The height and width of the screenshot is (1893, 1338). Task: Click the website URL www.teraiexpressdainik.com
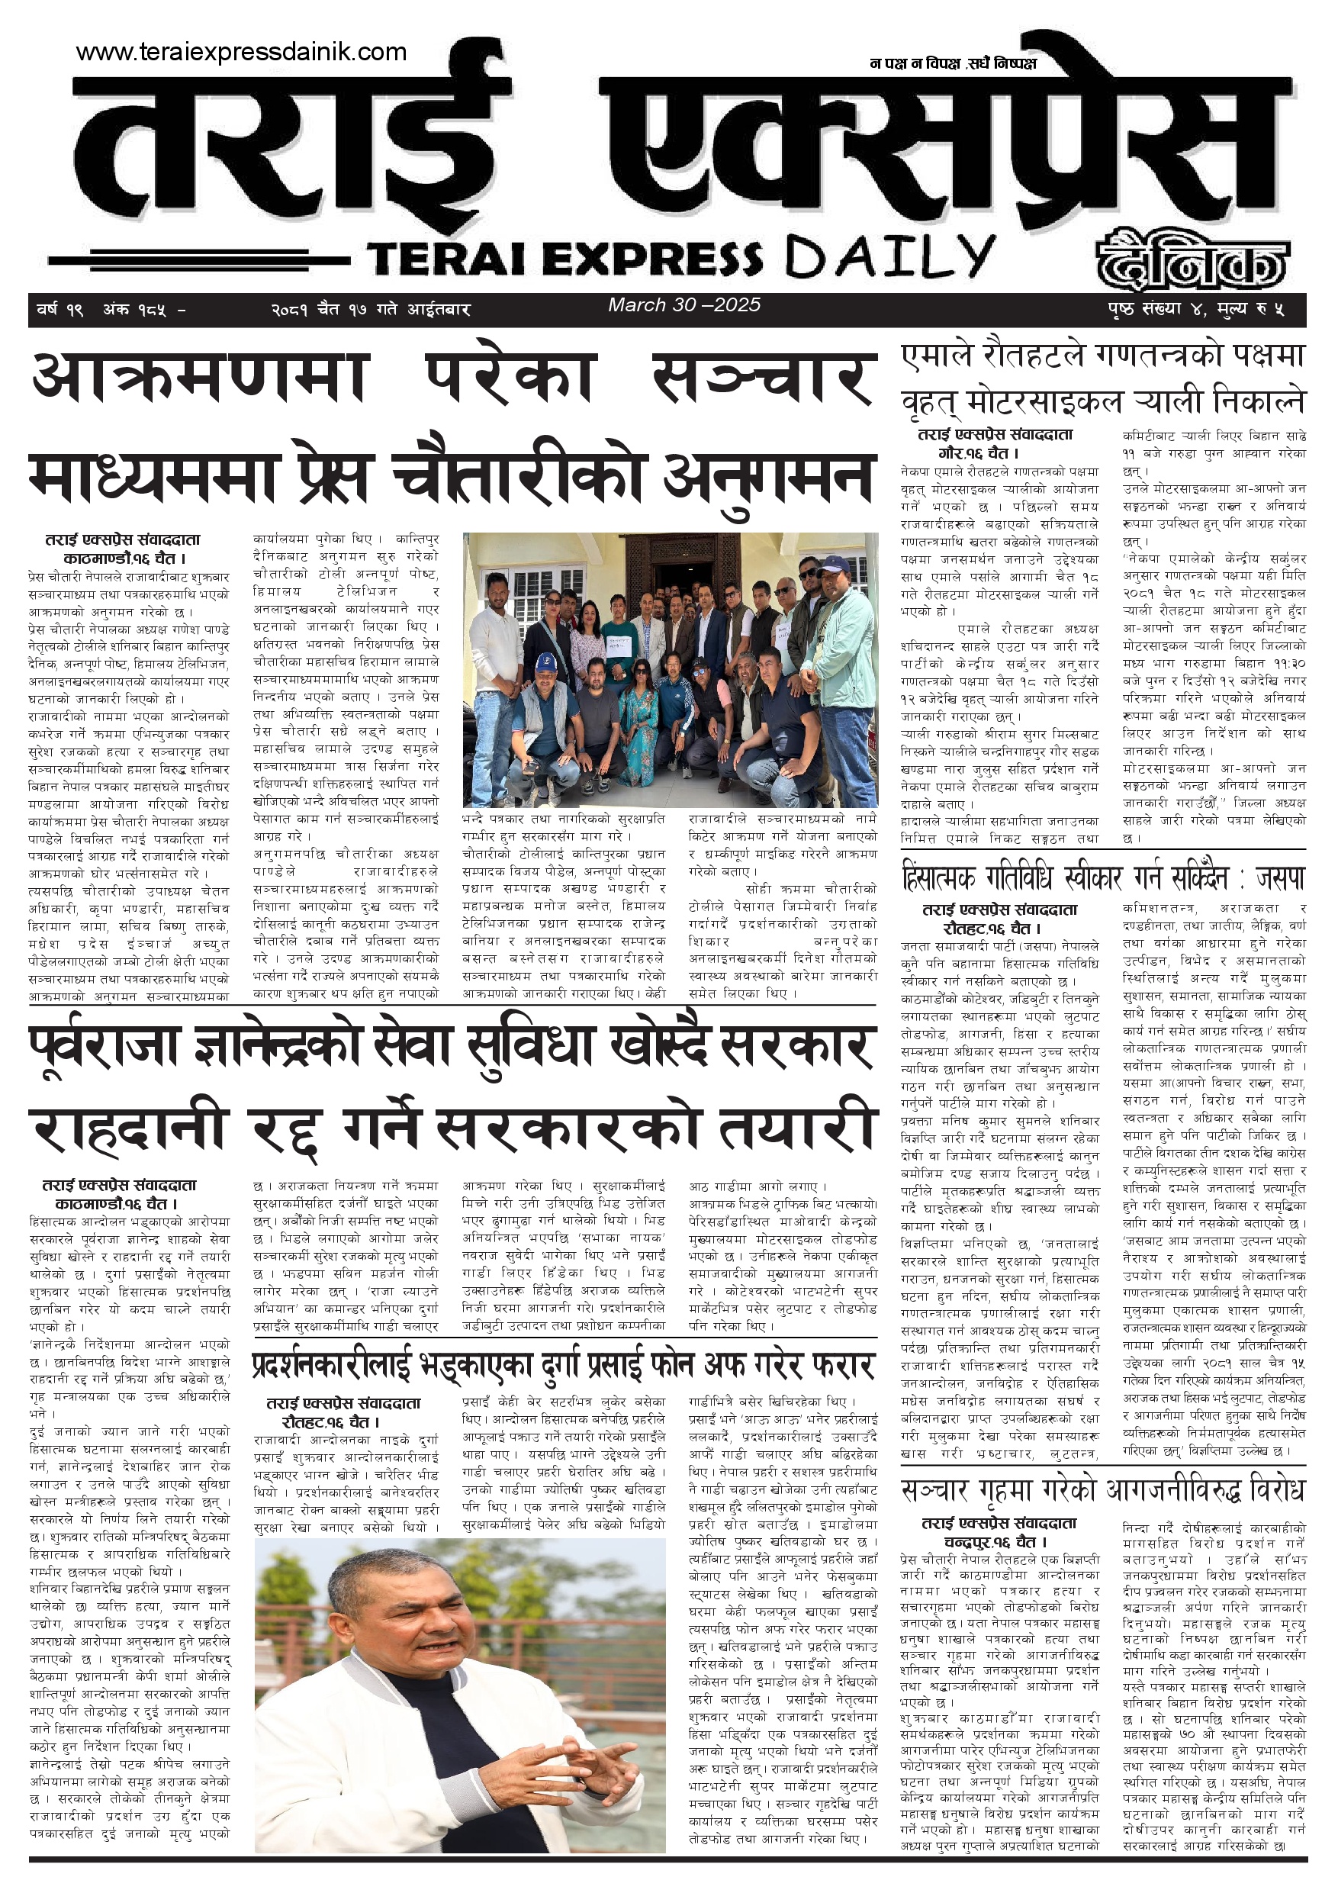[241, 52]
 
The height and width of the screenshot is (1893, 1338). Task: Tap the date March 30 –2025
[684, 305]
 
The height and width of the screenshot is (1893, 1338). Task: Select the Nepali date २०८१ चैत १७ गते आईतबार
[371, 310]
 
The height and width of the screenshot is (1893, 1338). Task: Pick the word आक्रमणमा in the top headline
[198, 378]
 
